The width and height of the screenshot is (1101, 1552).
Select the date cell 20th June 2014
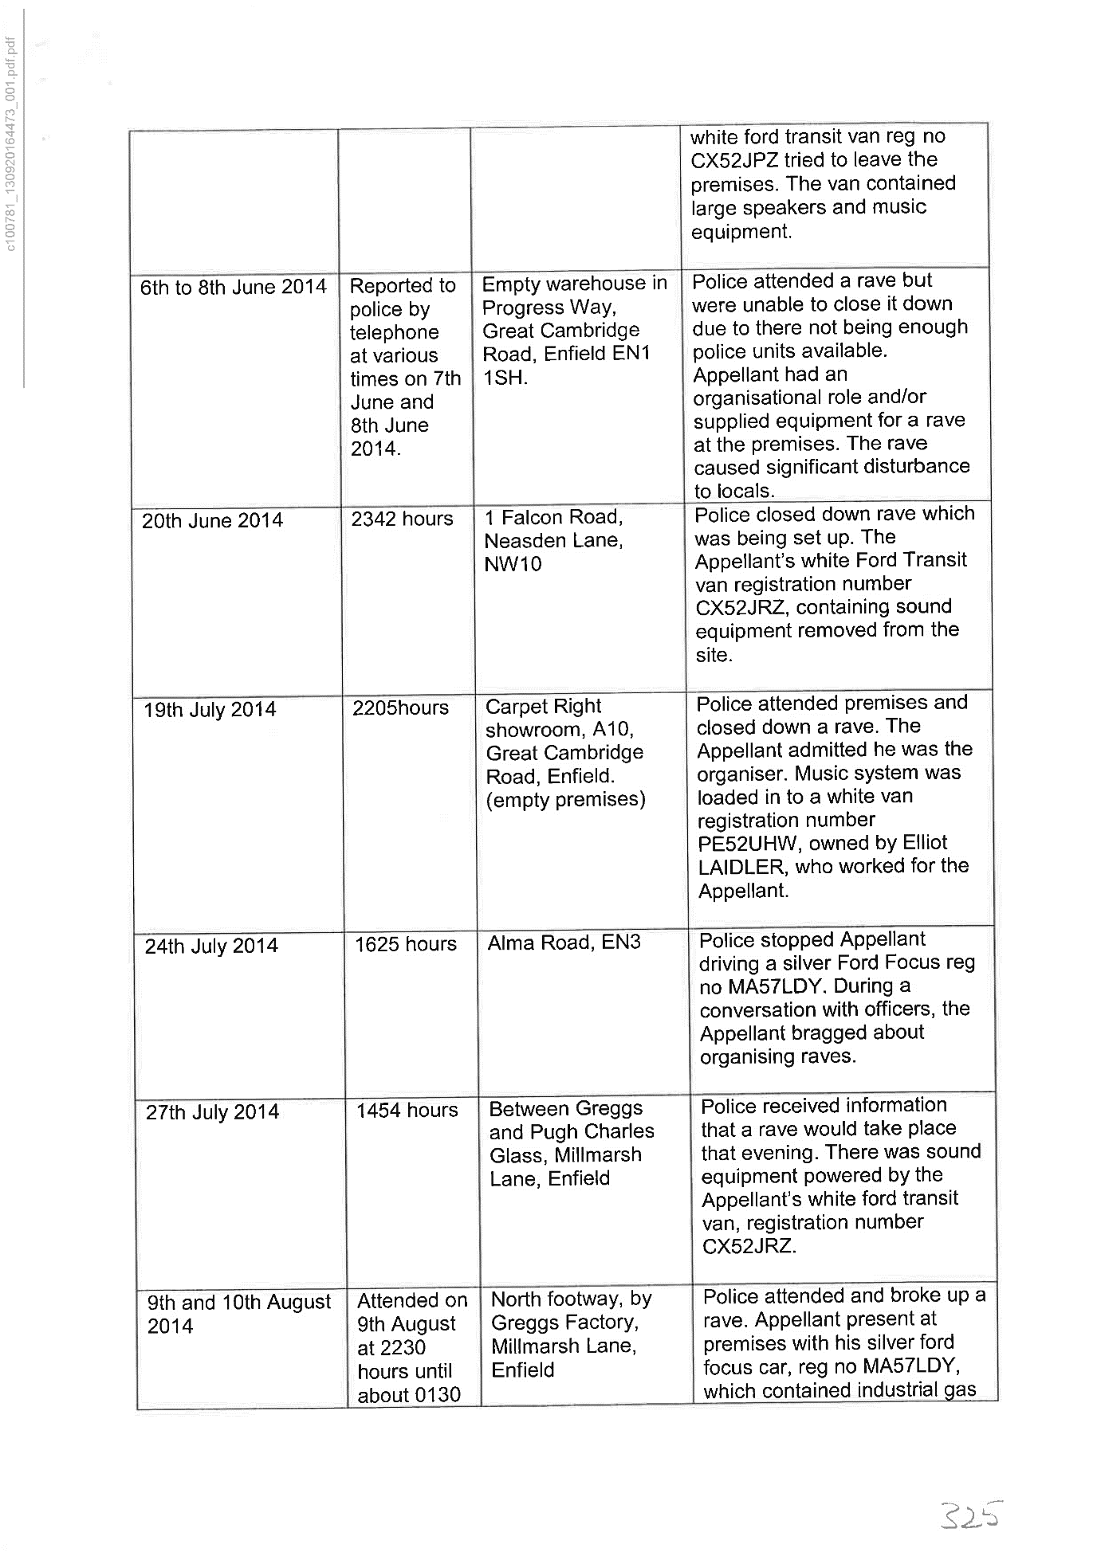pos(212,521)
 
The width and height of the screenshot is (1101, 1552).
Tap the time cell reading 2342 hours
pos(402,519)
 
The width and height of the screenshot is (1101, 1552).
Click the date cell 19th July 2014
pos(210,710)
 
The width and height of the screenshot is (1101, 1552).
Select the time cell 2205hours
pos(400,708)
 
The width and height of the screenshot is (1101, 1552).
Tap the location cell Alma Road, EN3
pos(564,943)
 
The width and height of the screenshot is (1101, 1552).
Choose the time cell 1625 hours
pos(406,945)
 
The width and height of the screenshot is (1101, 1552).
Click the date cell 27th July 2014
pos(212,1112)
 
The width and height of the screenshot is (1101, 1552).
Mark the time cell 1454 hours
pos(407,1111)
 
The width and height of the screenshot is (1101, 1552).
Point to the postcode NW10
pos(513,564)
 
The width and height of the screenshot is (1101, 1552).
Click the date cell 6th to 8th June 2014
pos(233,287)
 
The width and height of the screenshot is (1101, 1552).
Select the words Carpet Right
pos(543,707)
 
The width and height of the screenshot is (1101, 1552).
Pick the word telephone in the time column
pos(394,332)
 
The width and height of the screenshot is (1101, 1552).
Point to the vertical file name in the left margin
pos(11,143)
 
